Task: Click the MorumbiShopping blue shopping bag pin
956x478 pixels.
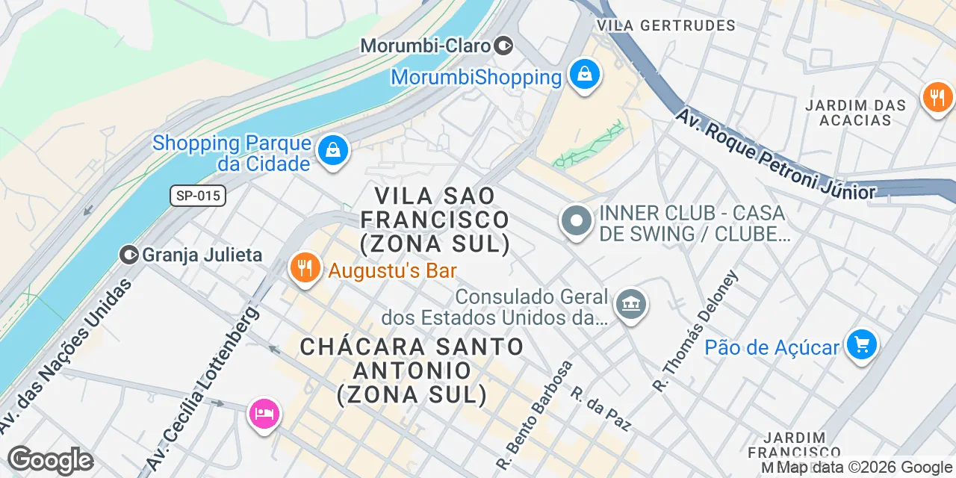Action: [x=584, y=75]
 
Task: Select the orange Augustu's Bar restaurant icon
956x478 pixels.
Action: [x=305, y=267]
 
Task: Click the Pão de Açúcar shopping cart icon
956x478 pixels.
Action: [x=862, y=345]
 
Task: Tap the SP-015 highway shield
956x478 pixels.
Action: [x=197, y=196]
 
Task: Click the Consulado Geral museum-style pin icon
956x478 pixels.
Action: [x=631, y=303]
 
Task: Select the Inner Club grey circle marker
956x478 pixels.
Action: [x=576, y=222]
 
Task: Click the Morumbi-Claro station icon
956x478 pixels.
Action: [x=504, y=46]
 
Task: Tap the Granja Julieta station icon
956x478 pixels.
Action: [x=129, y=255]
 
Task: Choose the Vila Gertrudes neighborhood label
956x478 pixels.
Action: [x=667, y=25]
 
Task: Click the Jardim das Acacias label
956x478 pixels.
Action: [x=855, y=113]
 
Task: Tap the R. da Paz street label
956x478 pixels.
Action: [x=601, y=409]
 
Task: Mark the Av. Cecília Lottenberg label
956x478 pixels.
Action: [x=203, y=388]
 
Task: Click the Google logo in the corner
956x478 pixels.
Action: [x=50, y=460]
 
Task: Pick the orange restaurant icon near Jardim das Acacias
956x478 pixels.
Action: [x=937, y=96]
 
